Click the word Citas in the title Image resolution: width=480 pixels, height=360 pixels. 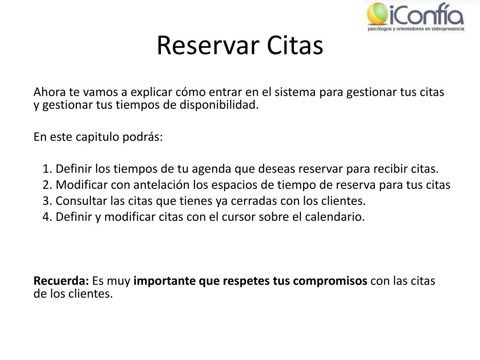[295, 45]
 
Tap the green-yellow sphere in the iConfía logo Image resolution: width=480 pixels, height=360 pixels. [377, 14]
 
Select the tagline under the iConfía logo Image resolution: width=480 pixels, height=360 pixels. [416, 29]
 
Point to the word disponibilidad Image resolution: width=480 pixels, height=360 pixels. [219, 105]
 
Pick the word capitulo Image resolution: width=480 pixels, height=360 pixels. [97, 137]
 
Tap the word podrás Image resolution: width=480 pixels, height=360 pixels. [142, 136]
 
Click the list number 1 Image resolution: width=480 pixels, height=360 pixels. [47, 169]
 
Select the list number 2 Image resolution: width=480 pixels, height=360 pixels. [47, 185]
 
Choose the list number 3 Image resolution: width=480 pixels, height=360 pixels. [47, 201]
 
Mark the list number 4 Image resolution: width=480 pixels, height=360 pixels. [47, 217]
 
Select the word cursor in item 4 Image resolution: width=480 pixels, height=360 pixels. [239, 217]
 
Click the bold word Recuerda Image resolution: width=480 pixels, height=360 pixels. [61, 281]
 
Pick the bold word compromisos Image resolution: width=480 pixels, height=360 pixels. [330, 281]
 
